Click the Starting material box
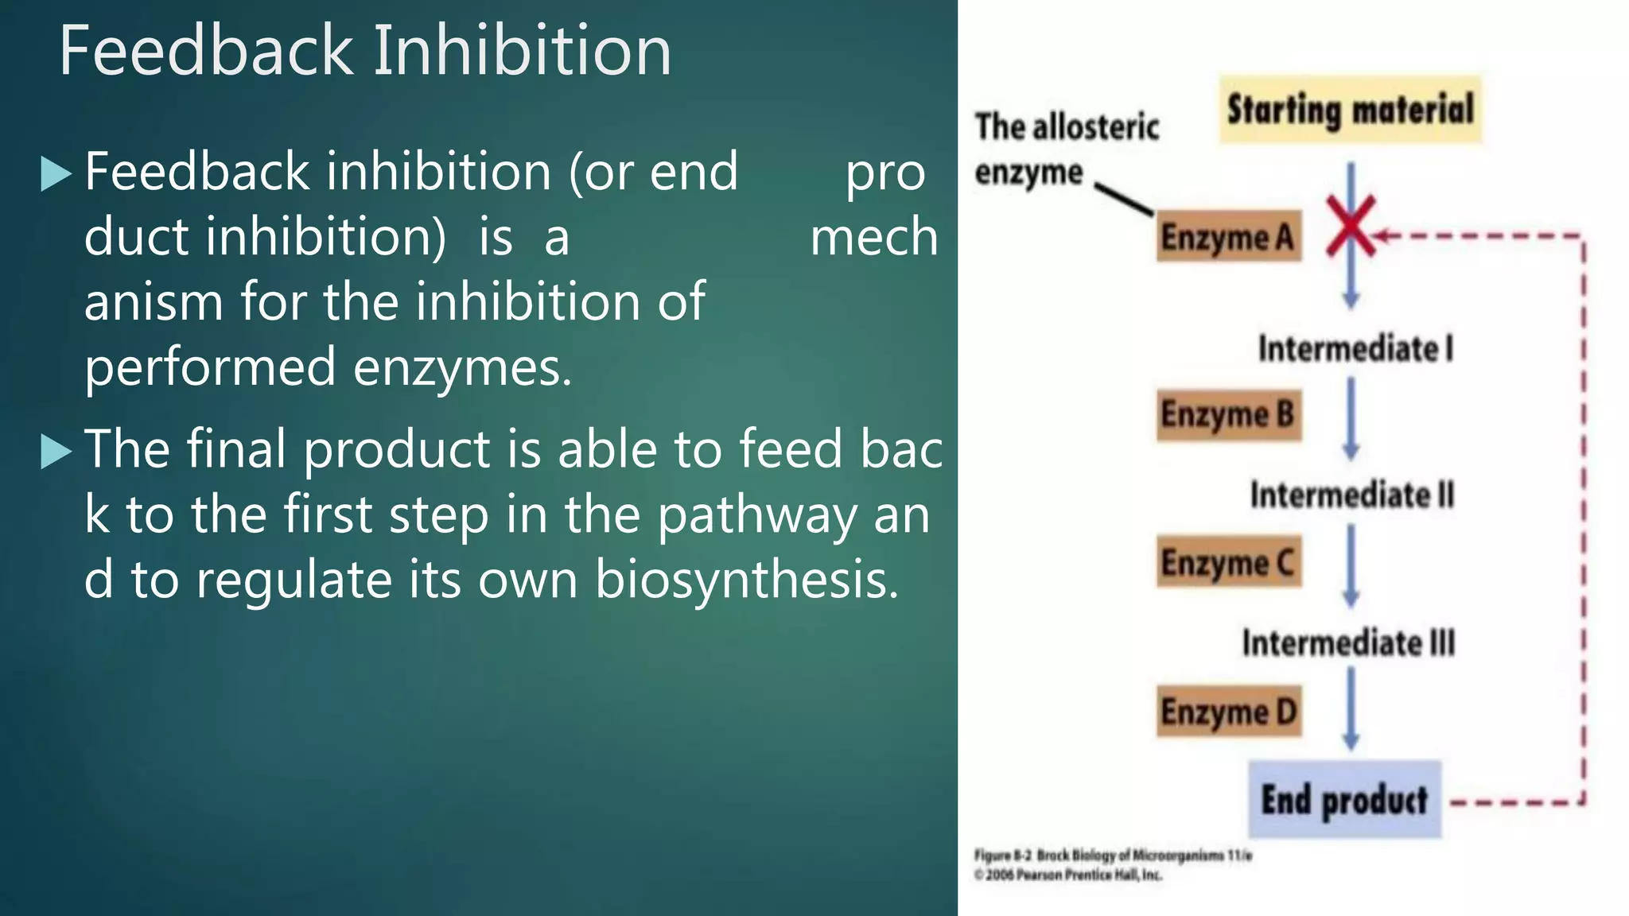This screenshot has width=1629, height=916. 1350,110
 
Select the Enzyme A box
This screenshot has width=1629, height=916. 1228,237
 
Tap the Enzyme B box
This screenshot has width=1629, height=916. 1228,415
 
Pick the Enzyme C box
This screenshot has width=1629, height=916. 1228,561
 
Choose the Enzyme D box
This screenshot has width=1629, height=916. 1228,711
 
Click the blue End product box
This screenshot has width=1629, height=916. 1344,799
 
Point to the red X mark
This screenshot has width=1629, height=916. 1351,226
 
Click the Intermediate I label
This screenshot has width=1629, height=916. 1355,348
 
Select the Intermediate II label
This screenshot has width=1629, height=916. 1352,495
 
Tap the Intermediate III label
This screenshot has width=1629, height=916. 1349,642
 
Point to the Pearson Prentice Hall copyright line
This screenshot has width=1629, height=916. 1069,875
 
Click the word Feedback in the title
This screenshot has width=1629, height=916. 205,51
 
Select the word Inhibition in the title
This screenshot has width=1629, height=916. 523,51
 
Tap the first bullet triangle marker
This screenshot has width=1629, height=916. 56,174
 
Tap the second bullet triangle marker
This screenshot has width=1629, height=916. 56,452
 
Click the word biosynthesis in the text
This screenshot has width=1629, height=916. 746,579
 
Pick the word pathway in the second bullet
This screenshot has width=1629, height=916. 757,515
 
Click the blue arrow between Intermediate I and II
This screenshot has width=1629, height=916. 1351,418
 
